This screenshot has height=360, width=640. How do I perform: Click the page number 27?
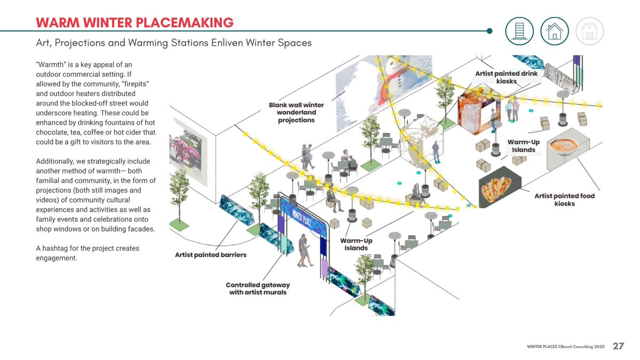click(618, 347)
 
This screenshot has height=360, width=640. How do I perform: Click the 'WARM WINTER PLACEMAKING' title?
click(134, 22)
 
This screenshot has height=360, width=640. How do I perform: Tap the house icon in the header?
click(554, 31)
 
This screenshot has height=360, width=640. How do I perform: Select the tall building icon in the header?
click(519, 31)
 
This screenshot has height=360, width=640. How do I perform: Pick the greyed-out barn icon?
click(589, 31)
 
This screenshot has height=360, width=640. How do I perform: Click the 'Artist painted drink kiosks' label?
click(507, 77)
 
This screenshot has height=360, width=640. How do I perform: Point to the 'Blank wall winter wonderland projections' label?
click(296, 113)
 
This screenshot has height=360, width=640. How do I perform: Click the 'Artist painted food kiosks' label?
click(564, 200)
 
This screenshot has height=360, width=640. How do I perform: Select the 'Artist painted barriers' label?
click(211, 255)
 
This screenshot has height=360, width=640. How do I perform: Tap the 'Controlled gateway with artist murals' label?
click(258, 289)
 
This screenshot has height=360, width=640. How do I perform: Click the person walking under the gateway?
click(304, 251)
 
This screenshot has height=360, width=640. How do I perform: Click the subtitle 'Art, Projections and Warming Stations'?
click(173, 43)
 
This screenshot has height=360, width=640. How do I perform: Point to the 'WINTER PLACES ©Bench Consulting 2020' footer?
click(565, 347)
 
